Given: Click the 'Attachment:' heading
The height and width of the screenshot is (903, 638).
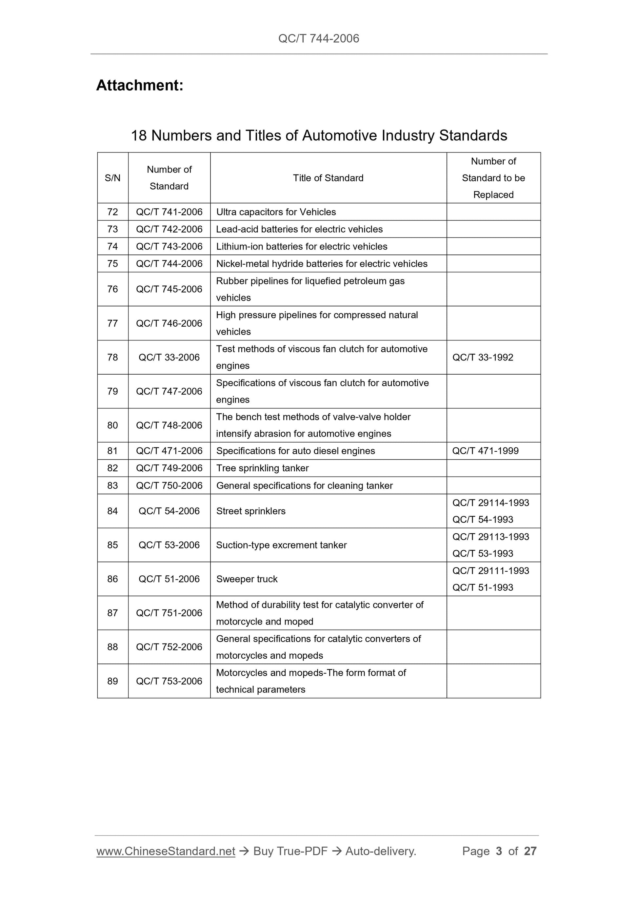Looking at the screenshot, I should pyautogui.click(x=140, y=85).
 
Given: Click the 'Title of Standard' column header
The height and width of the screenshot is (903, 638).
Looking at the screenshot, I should pyautogui.click(x=328, y=178).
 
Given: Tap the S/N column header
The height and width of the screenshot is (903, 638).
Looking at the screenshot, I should pyautogui.click(x=112, y=178).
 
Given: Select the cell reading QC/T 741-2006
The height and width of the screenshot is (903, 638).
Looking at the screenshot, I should pyautogui.click(x=169, y=212).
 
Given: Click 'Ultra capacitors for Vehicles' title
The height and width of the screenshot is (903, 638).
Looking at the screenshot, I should pyautogui.click(x=276, y=212).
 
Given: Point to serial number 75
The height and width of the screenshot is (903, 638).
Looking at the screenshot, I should pyautogui.click(x=112, y=263).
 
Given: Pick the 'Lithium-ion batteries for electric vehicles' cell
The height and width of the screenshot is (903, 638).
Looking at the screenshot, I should pyautogui.click(x=302, y=246).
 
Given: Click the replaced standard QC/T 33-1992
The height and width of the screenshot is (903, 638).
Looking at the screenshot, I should pyautogui.click(x=483, y=357).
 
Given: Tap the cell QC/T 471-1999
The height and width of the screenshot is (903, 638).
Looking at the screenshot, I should pyautogui.click(x=486, y=451).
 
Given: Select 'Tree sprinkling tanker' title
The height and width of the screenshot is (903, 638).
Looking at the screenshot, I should pyautogui.click(x=262, y=468).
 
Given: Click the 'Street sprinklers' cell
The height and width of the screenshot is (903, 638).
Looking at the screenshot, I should pyautogui.click(x=251, y=511).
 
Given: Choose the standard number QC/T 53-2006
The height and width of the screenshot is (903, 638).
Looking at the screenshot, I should pyautogui.click(x=169, y=545).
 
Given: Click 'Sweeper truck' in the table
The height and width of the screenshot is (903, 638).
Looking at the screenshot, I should pyautogui.click(x=247, y=579).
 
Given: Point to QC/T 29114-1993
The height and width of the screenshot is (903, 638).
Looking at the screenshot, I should pyautogui.click(x=490, y=503).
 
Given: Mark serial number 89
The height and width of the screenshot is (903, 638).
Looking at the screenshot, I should pyautogui.click(x=112, y=681).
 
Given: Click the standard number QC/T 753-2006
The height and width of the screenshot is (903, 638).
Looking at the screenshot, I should pyautogui.click(x=169, y=681).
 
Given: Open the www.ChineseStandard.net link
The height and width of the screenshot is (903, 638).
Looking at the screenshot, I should pyautogui.click(x=166, y=851).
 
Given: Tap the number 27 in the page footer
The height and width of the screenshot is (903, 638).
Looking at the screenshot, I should pyautogui.click(x=530, y=851).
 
